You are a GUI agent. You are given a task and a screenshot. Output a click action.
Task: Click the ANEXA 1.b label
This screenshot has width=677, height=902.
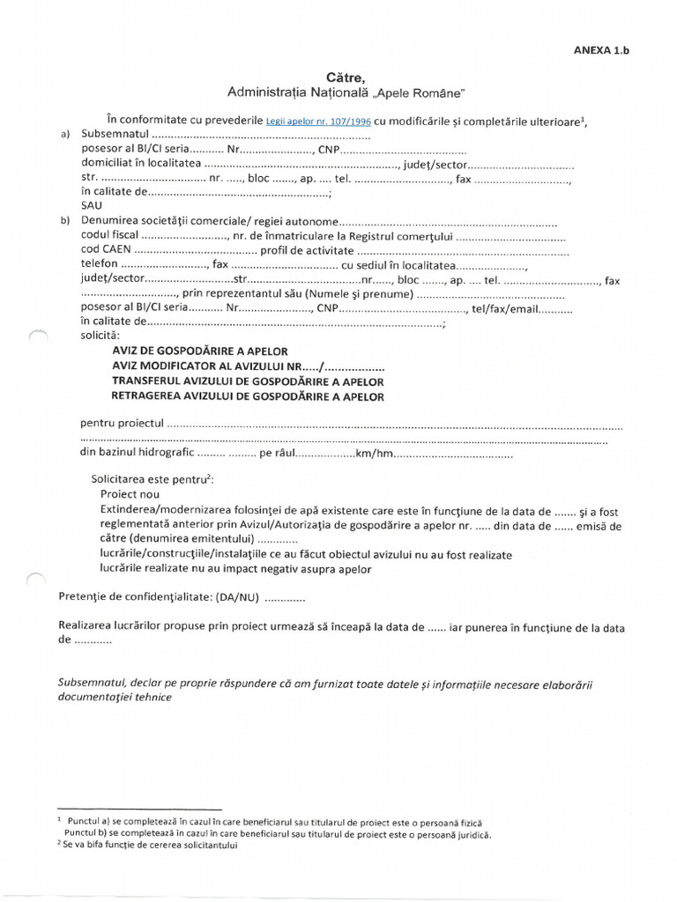601,50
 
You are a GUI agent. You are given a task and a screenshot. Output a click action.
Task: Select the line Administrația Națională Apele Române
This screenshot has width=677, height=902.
345,92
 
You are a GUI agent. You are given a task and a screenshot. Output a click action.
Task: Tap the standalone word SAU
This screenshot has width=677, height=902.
92,205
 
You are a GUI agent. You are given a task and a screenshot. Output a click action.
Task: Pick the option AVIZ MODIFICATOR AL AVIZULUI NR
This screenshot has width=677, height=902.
206,366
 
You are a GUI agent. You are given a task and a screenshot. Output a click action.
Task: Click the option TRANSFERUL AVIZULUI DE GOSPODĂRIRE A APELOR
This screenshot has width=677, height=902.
248,381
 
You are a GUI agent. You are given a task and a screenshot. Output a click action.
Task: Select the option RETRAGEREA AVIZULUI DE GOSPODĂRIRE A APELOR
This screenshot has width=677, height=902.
248,396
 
